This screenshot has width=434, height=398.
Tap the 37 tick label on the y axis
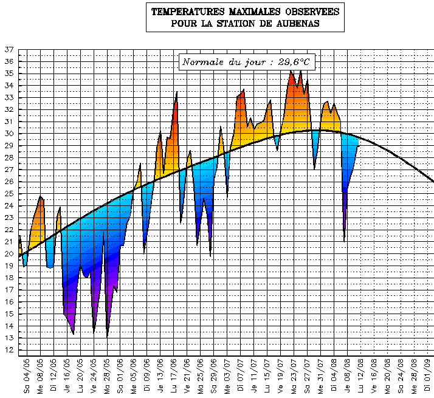(x=9, y=49)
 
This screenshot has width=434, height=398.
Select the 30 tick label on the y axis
(x=9, y=134)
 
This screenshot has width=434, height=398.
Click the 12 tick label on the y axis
(x=9, y=350)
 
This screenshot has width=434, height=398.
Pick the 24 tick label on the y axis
(x=9, y=205)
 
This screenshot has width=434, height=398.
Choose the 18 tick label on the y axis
(x=9, y=278)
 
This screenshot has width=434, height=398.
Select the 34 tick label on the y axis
(x=9, y=86)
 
